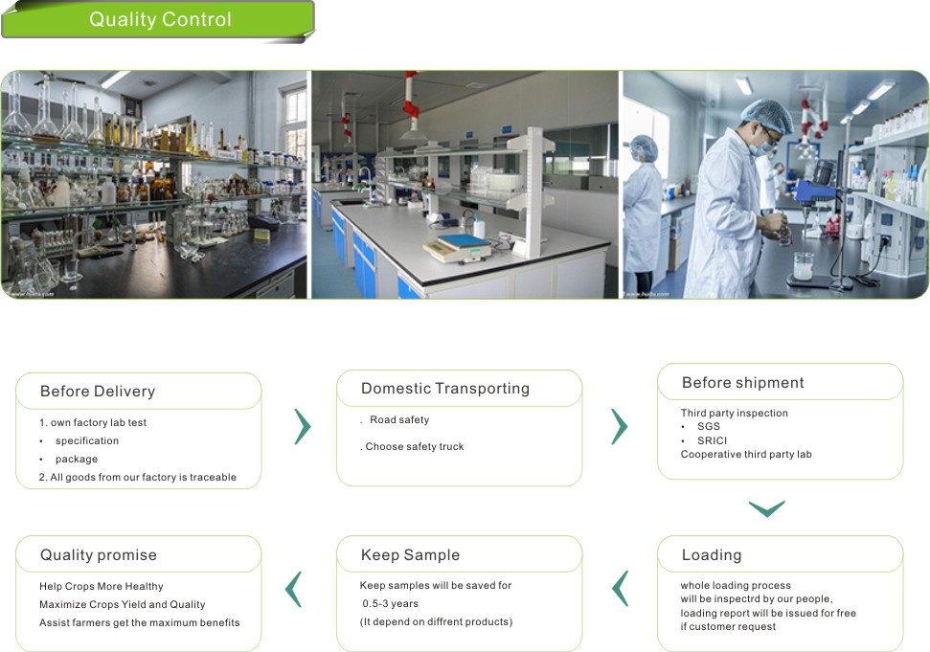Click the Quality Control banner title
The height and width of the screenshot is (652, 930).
(160, 19)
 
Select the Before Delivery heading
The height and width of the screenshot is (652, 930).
(98, 392)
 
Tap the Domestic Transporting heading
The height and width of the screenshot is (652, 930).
(445, 389)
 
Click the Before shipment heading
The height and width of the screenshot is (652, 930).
(743, 382)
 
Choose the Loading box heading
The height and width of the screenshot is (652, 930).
(712, 554)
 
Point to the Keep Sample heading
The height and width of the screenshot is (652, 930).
(411, 554)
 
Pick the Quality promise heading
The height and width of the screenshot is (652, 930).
(99, 554)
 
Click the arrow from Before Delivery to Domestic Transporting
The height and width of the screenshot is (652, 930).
(303, 426)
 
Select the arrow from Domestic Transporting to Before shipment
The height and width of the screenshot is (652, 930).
(620, 426)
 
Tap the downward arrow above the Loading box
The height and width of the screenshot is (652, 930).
(767, 509)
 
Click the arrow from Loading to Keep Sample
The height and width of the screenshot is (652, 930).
(620, 588)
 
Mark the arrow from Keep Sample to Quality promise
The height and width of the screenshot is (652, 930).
(293, 589)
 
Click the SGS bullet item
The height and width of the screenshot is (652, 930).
(709, 426)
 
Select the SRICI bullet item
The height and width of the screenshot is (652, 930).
(712, 440)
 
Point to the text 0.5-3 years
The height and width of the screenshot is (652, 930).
(390, 603)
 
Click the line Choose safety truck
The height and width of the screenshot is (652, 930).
(415, 446)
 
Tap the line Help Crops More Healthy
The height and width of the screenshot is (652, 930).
(102, 586)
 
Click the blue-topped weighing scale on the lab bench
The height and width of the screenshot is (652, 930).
(457, 248)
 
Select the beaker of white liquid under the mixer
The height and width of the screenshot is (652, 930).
(803, 266)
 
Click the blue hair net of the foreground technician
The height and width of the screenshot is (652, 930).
(768, 115)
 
